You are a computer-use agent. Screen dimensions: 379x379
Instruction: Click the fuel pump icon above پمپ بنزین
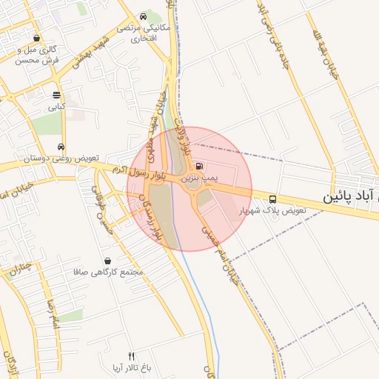pyautogui.click(x=200, y=166)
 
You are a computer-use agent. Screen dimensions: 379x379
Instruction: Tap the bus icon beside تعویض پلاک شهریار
pyautogui.click(x=273, y=199)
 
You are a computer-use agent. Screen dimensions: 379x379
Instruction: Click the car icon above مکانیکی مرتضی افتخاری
pyautogui.click(x=143, y=16)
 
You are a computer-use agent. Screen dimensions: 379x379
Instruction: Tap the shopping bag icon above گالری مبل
pyautogui.click(x=37, y=38)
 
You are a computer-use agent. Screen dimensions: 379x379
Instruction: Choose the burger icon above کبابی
pyautogui.click(x=56, y=95)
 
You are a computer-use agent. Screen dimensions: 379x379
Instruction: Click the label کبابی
pyautogui.click(x=57, y=107)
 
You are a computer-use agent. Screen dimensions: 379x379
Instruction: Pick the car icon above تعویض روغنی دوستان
pyautogui.click(x=61, y=147)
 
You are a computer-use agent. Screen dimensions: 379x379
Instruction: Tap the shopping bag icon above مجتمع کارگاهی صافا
pyautogui.click(x=108, y=261)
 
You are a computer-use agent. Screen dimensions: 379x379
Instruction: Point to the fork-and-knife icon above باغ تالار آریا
pyautogui.click(x=132, y=355)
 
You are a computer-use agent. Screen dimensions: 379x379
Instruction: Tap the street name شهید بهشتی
pyautogui.click(x=90, y=53)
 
